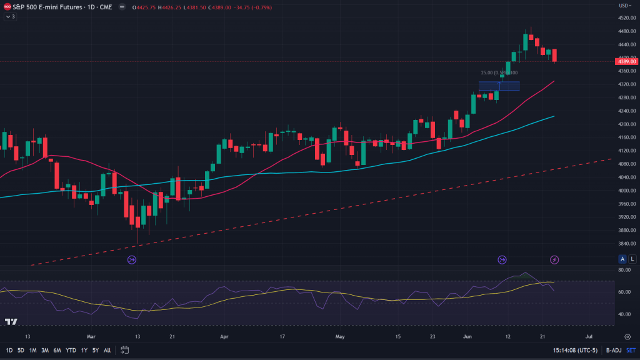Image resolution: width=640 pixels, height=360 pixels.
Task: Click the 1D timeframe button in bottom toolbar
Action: [x=9, y=350]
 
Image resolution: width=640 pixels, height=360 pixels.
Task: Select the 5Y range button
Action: [x=95, y=350]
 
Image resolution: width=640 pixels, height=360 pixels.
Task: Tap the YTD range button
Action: [x=71, y=350]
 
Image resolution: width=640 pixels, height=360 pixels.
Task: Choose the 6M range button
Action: [x=57, y=350]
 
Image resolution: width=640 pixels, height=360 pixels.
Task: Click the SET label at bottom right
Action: [x=631, y=350]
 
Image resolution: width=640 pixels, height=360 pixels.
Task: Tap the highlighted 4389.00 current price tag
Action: [x=626, y=61]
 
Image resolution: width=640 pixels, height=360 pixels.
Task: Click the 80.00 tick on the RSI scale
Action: [x=624, y=270]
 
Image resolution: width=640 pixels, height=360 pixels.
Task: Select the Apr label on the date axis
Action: [x=224, y=336]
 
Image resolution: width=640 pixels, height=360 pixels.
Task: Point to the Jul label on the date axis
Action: [x=588, y=336]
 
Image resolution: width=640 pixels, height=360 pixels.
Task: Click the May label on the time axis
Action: [x=340, y=336]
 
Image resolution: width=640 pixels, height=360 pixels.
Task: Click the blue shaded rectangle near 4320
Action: [x=499, y=86]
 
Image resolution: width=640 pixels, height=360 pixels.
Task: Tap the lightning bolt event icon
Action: [x=554, y=259]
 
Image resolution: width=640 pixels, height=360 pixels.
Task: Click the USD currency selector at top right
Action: [x=624, y=6]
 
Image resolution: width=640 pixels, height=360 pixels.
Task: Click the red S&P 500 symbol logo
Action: [x=7, y=6]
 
